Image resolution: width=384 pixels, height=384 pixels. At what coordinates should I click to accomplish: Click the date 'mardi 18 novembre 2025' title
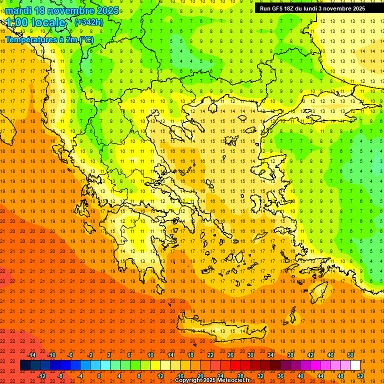point(62,10)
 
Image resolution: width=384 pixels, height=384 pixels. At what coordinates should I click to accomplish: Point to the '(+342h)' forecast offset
point(88,22)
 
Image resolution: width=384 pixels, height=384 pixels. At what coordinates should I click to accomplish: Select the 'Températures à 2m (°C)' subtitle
point(49,39)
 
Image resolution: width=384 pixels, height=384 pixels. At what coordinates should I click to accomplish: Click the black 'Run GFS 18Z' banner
point(312,8)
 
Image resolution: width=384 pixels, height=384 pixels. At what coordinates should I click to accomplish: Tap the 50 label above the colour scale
point(350,355)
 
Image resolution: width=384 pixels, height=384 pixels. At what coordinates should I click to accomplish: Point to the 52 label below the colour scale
point(360,376)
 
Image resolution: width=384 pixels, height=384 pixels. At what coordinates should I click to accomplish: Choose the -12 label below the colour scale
point(41,376)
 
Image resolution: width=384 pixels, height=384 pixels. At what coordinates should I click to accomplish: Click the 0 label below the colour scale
point(99,376)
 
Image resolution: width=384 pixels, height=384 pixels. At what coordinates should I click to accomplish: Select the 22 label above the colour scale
point(210,355)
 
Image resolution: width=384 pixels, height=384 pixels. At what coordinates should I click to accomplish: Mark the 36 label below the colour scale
point(280,376)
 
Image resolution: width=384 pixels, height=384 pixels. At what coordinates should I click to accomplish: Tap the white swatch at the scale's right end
point(355,365)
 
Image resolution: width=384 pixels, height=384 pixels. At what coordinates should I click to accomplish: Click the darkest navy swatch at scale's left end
point(25,365)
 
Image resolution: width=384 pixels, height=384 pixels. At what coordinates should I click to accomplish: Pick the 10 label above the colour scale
point(150,355)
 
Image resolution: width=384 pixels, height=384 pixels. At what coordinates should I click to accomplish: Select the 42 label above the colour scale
point(310,355)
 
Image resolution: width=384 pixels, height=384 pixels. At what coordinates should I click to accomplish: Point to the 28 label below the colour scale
point(240,376)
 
